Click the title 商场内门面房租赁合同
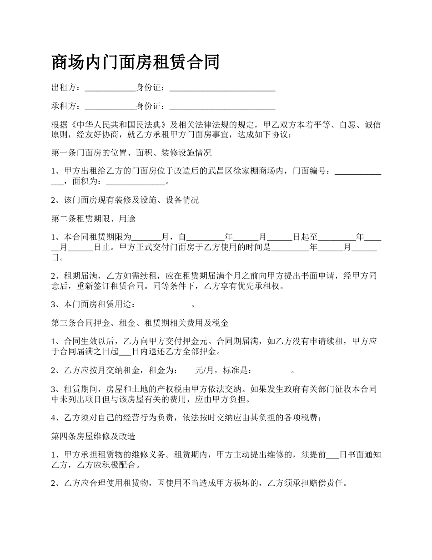(x=136, y=62)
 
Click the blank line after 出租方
(x=111, y=87)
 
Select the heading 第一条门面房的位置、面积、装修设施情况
(x=131, y=153)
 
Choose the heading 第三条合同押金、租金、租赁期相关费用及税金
(x=140, y=323)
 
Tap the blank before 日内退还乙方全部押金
(x=125, y=352)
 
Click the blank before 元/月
(x=188, y=371)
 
